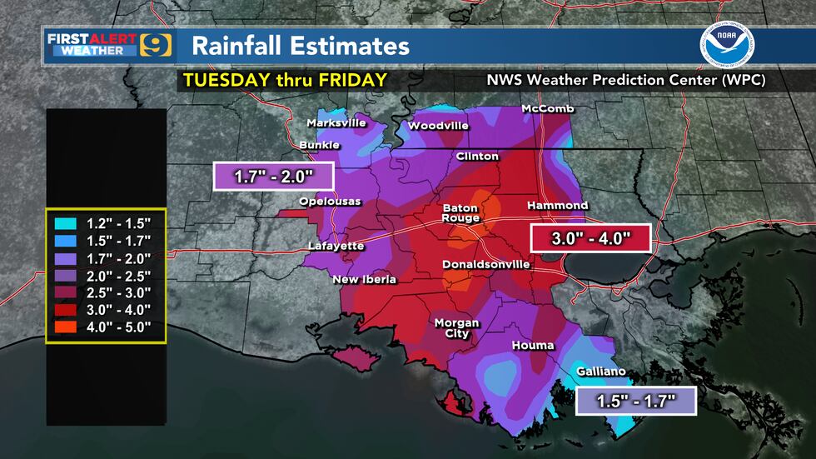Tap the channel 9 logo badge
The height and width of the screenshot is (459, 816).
[157, 45]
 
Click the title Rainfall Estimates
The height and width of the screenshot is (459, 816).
[300, 46]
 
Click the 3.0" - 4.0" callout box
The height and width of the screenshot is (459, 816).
[590, 238]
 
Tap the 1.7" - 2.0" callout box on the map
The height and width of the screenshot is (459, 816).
[273, 176]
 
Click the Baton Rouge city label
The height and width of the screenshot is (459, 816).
[460, 212]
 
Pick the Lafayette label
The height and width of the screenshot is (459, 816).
[336, 246]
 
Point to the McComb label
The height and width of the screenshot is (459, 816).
[544, 110]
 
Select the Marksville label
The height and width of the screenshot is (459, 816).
[336, 122]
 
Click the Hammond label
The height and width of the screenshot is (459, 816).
[557, 205]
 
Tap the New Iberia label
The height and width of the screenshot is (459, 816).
[363, 279]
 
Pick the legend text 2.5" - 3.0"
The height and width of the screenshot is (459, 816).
[118, 292]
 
